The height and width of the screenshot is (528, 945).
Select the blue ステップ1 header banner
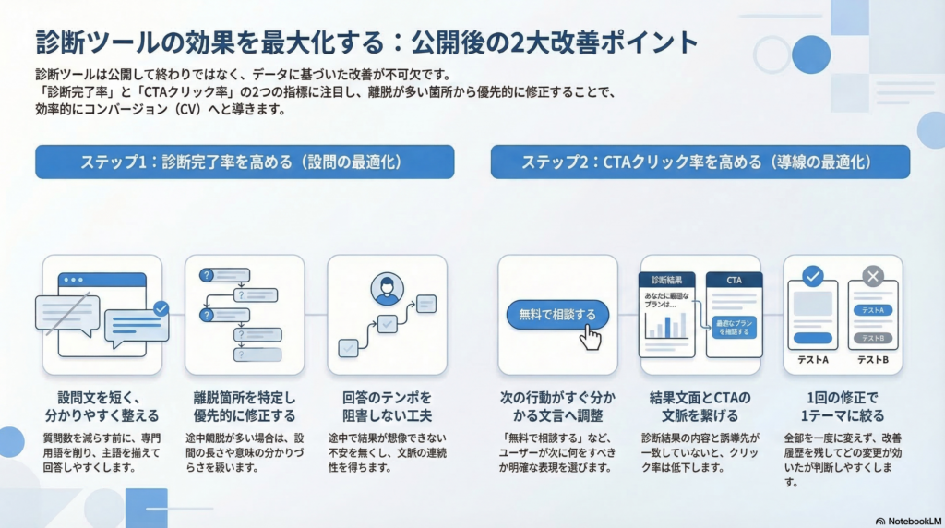click(x=245, y=162)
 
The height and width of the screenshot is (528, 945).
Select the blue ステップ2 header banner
click(x=700, y=162)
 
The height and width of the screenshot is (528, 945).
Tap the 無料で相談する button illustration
click(x=557, y=315)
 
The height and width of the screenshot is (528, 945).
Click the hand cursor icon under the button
click(x=589, y=337)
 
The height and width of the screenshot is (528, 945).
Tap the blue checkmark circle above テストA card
click(x=812, y=276)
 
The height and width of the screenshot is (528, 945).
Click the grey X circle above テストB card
click(x=872, y=276)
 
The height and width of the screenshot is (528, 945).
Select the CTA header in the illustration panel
click(x=735, y=280)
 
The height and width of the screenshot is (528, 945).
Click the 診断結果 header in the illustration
click(x=666, y=280)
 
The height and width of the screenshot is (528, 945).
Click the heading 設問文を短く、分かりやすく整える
click(x=102, y=406)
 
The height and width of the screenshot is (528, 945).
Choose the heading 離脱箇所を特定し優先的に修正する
click(x=245, y=406)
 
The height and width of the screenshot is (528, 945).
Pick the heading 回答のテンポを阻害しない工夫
click(x=387, y=406)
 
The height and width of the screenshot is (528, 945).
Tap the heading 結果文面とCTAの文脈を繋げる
click(x=700, y=406)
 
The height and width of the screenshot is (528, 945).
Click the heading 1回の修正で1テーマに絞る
click(x=843, y=406)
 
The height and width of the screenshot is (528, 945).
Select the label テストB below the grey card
click(x=872, y=360)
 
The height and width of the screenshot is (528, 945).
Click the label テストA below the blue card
click(x=812, y=360)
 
